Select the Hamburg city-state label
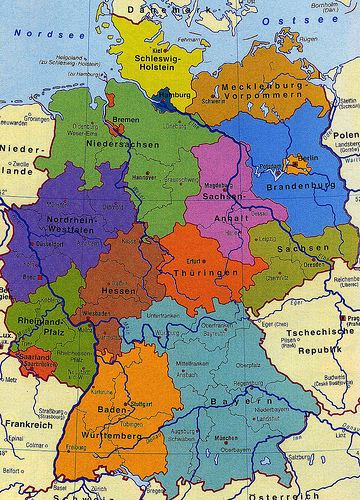click(x=173, y=96)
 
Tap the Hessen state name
click(x=119, y=291)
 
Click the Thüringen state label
click(x=205, y=272)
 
